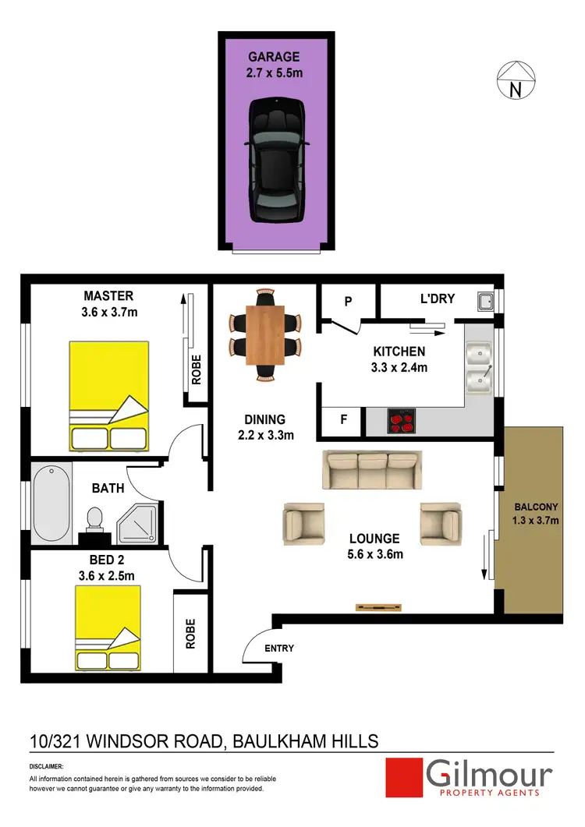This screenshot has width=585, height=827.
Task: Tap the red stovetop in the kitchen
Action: [x=402, y=422]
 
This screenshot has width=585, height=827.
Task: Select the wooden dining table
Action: [x=265, y=335]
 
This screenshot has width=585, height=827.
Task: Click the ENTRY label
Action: [x=279, y=648]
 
